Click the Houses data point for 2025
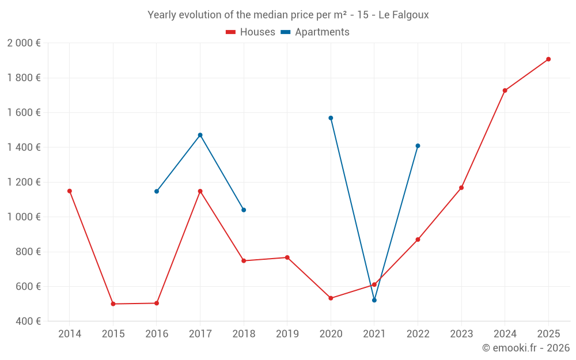[x=548, y=59]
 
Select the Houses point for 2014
[x=70, y=191]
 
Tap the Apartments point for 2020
[x=331, y=118]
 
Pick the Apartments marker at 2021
[x=374, y=300]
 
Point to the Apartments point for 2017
[x=200, y=135]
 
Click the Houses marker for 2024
[x=505, y=90]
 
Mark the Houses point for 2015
[x=113, y=304]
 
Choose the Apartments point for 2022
[x=418, y=146]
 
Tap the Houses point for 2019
[x=287, y=257]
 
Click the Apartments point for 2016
[x=157, y=191]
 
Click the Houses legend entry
[x=251, y=32]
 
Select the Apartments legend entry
[x=315, y=32]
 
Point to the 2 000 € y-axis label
[x=24, y=43]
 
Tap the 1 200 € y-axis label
[x=24, y=182]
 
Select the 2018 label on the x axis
[x=244, y=334]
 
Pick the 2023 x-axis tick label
[x=461, y=334]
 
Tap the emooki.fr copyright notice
[x=526, y=348]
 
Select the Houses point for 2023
[x=461, y=188]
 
